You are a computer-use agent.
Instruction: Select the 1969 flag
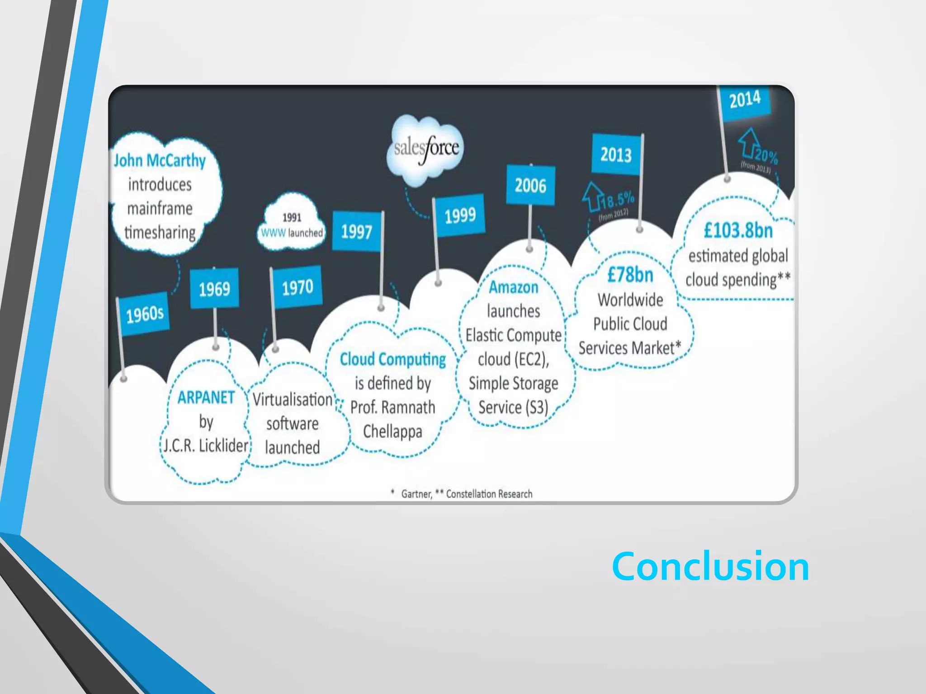point(214,289)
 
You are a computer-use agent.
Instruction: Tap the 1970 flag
point(297,287)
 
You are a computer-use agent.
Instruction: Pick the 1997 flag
point(356,232)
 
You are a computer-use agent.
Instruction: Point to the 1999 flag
point(460,216)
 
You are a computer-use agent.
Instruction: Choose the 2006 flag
point(530,185)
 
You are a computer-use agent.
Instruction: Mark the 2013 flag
point(616,155)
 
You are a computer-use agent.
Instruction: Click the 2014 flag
point(745,99)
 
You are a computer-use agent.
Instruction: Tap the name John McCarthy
point(160,160)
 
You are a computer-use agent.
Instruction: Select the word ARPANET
point(206,398)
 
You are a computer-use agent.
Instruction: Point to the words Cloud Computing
point(392,360)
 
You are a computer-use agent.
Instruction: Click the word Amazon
point(514,287)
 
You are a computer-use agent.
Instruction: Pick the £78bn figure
point(630,275)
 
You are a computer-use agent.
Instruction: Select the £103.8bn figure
point(738,230)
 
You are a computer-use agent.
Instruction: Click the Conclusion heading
point(710,567)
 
